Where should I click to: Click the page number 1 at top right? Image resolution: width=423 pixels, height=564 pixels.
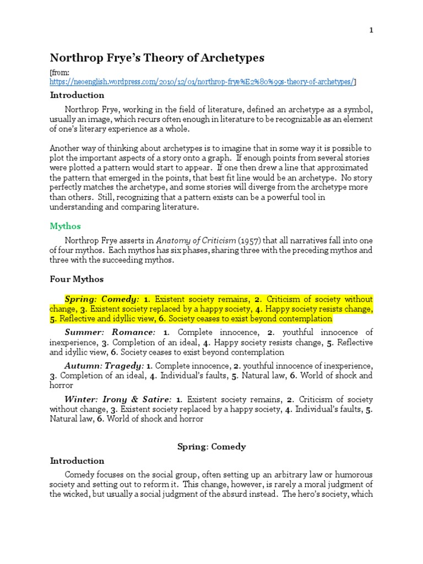[x=371, y=30]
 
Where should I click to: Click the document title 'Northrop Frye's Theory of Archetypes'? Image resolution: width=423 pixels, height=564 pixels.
[x=158, y=58]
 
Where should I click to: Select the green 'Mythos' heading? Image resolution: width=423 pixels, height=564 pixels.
[x=66, y=226]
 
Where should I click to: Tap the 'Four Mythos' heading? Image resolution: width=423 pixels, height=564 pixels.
[x=77, y=279]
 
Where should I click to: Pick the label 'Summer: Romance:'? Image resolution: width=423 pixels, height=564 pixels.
[x=110, y=333]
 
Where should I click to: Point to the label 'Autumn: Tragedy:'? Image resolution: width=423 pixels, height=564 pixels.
[x=105, y=366]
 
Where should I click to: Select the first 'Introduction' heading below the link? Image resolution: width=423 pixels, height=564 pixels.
[x=77, y=95]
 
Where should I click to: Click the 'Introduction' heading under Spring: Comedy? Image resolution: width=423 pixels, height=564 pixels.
[x=77, y=460]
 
